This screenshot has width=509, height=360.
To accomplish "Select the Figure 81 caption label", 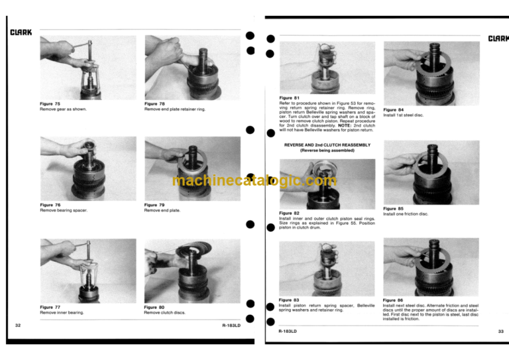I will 289,98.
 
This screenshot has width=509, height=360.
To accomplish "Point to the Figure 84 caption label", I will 394,109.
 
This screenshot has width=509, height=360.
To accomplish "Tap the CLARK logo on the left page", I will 21,32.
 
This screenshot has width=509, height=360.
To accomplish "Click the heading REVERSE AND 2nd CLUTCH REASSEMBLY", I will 327,145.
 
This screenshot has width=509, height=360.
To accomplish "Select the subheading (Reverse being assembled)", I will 327,150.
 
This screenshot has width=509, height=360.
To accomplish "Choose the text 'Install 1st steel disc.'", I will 403,115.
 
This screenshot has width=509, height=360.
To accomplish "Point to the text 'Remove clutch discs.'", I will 164,312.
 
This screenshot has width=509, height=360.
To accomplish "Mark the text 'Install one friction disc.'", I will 406,214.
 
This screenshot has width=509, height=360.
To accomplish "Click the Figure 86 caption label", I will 393,300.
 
